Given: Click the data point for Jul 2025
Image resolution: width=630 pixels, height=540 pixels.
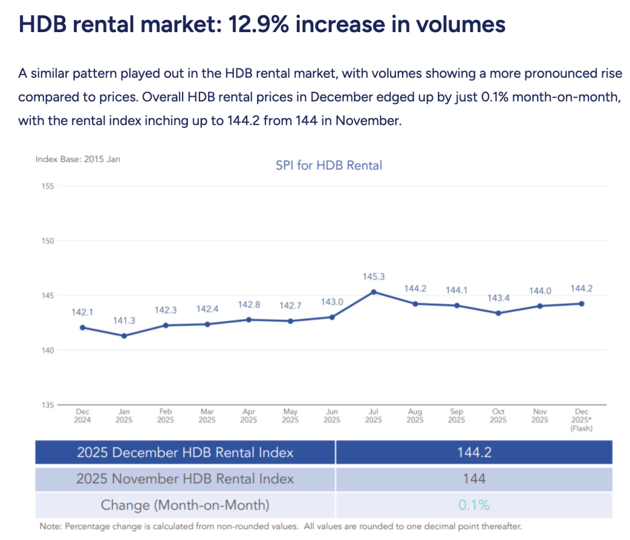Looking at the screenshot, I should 373,292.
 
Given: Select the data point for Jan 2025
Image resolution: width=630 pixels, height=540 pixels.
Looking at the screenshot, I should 124,336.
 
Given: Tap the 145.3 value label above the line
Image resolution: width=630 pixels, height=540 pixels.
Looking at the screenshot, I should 373,277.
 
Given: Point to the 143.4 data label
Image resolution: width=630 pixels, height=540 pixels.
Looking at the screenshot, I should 498,298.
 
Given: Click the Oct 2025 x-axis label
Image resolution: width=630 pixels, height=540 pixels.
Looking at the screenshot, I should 498,416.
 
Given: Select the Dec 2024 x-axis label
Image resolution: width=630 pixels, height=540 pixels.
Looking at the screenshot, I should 82,416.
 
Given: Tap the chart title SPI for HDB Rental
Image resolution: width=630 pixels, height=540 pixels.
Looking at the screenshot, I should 328,165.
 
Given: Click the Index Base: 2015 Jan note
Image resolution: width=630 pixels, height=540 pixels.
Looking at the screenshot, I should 78,159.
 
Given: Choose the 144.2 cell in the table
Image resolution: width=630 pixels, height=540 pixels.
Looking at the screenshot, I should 474,452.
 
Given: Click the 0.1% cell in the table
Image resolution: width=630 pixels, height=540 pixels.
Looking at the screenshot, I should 474,505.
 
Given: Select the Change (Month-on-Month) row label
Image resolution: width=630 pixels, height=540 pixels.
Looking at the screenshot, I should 185,505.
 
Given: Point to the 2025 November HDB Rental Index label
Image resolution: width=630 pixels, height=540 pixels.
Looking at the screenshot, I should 185,479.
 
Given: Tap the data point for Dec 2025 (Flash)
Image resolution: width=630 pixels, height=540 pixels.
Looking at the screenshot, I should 582,304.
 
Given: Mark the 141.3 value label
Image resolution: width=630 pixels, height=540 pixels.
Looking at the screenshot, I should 124,321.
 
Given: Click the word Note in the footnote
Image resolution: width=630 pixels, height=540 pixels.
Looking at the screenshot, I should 50,527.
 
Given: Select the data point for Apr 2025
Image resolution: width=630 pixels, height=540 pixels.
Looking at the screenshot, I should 249,319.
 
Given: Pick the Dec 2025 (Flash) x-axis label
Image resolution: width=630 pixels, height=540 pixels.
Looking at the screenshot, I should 582,419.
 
